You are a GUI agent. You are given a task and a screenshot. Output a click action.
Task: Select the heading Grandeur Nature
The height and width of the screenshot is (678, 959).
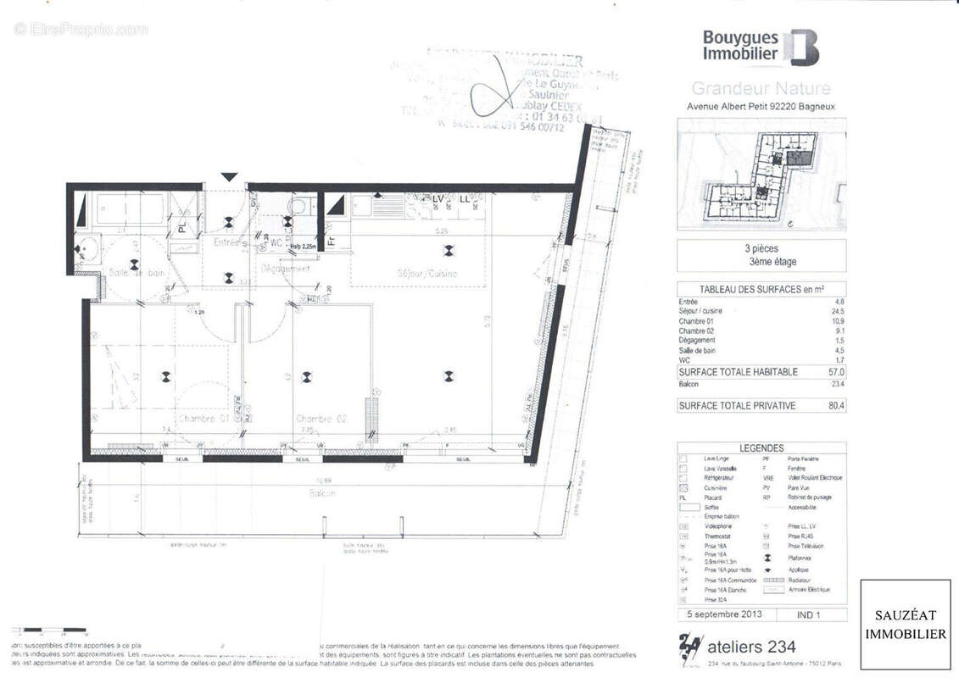(x=761, y=88)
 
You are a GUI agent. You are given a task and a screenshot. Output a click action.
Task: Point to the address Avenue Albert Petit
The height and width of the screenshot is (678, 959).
(x=761, y=108)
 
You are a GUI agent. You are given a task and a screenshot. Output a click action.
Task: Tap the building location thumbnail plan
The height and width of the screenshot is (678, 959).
(x=761, y=175)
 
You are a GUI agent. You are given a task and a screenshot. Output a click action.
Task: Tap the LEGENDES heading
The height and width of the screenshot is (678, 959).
(x=761, y=447)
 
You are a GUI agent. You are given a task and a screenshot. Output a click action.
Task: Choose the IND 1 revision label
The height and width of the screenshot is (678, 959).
(x=809, y=614)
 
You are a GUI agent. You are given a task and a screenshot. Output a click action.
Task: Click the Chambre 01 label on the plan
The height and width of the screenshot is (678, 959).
(x=204, y=419)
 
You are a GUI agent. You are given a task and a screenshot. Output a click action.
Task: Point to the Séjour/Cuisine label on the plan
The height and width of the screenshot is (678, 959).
(x=427, y=273)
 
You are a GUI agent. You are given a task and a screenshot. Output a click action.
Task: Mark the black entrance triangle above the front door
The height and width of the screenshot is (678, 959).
(x=228, y=176)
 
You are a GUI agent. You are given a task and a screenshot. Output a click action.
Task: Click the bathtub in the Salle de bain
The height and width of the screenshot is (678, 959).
(x=130, y=208)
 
